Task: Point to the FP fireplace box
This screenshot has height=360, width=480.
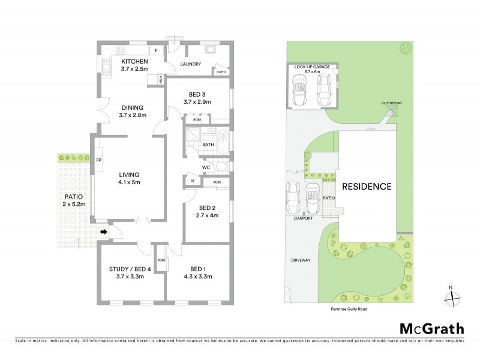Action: point(100,160)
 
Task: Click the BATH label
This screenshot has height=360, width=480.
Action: point(208,145)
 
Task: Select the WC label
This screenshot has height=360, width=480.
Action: point(205,167)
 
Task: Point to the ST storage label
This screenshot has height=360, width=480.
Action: point(193,181)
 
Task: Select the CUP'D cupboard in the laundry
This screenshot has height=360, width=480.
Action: point(221,73)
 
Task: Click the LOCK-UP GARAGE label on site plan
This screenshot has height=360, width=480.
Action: point(312,67)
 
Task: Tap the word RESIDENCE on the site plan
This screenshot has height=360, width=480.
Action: point(367,187)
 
